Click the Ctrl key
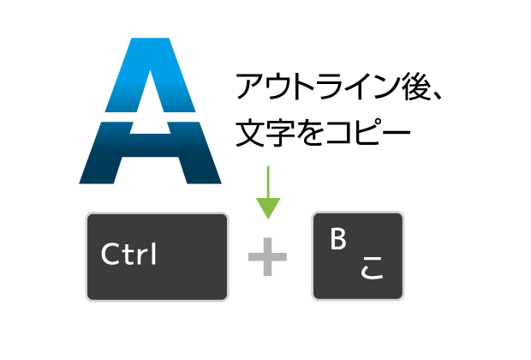click(157, 256)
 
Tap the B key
click(358, 256)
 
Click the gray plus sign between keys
click(267, 256)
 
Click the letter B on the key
click(338, 239)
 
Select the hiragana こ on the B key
click(372, 267)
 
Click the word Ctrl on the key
click(128, 254)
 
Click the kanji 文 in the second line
click(250, 132)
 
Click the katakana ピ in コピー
click(367, 132)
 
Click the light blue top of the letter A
click(150, 75)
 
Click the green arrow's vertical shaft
click(268, 182)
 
